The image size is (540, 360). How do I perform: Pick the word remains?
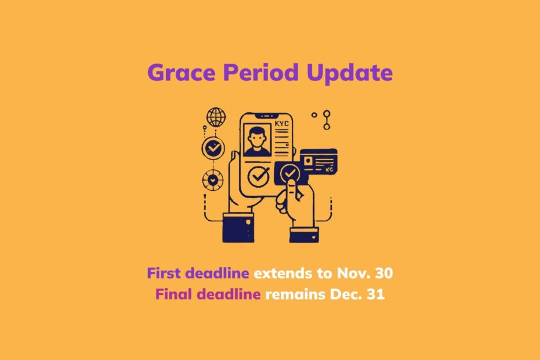click(291, 295)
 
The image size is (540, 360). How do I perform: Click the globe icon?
click(215, 116)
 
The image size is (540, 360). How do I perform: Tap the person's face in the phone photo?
click(257, 139)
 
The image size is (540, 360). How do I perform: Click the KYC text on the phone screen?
click(281, 124)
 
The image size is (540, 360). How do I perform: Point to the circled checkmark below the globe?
click(212, 148)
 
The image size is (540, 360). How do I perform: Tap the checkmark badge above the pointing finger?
click(290, 174)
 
